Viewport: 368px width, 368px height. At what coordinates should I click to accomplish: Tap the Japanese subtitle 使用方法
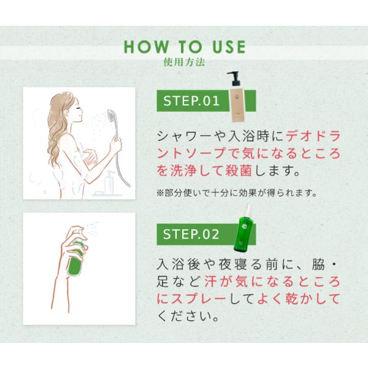(x=184, y=62)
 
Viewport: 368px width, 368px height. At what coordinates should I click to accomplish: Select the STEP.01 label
(x=191, y=101)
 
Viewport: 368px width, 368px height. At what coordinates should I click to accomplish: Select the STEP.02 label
(x=191, y=234)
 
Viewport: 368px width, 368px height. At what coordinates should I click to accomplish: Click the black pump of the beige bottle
(x=234, y=79)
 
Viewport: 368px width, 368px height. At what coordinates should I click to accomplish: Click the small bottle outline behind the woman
(x=109, y=183)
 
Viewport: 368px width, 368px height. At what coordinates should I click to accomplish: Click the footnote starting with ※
(x=237, y=193)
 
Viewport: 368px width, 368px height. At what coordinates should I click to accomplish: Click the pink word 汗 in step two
(x=210, y=282)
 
